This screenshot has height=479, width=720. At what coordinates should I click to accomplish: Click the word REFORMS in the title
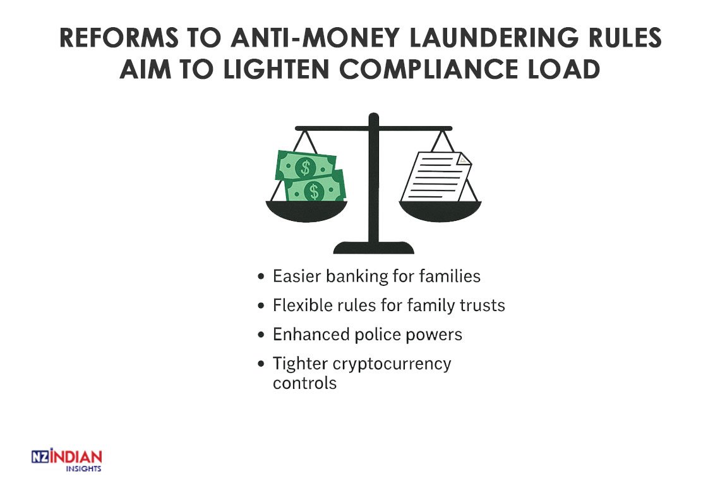[x=119, y=38]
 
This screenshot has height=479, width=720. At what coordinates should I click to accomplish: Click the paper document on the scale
[x=436, y=177]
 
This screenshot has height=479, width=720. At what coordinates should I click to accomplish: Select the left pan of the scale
[x=307, y=211]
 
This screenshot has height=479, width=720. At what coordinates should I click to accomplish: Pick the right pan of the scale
[x=440, y=211]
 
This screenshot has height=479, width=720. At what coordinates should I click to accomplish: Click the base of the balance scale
[x=373, y=248]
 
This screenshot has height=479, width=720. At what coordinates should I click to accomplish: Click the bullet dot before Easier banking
[x=261, y=276]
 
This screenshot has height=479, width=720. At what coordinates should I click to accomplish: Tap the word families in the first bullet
[x=450, y=276]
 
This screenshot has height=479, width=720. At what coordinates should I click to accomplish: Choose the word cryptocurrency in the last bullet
[x=392, y=364]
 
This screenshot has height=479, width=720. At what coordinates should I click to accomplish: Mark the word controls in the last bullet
[x=304, y=383]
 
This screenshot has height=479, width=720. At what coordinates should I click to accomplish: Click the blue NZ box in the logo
[x=40, y=457]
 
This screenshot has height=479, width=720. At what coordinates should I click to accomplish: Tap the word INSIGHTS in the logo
[x=83, y=469]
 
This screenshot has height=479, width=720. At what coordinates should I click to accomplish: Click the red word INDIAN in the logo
[x=76, y=456]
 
